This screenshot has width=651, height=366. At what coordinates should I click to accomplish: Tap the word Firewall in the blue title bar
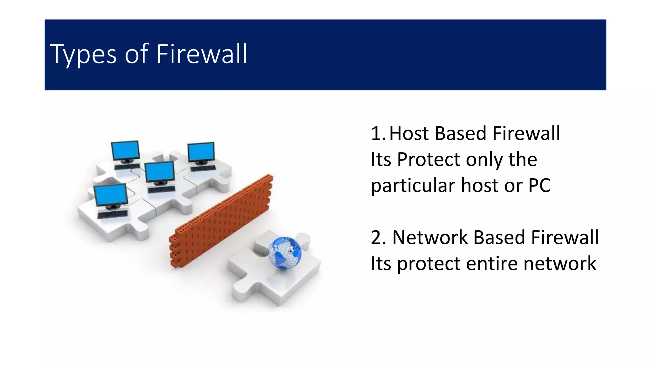click(202, 54)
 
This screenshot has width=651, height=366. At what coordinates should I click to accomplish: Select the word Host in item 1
click(409, 133)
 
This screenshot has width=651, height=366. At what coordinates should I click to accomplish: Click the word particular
click(413, 185)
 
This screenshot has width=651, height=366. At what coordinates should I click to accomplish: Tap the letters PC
click(539, 185)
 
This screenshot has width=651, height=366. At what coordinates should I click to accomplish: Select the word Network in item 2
click(430, 237)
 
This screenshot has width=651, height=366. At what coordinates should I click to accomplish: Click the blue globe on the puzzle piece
click(285, 253)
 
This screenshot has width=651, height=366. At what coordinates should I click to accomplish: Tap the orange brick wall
click(223, 219)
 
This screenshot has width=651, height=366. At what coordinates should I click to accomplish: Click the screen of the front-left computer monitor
click(111, 195)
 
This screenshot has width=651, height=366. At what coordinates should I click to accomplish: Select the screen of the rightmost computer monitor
click(201, 152)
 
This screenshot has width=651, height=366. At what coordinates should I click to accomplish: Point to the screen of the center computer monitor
click(160, 172)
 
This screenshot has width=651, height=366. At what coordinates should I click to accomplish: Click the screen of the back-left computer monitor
click(125, 150)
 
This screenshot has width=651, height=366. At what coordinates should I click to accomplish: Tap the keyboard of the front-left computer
click(113, 214)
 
